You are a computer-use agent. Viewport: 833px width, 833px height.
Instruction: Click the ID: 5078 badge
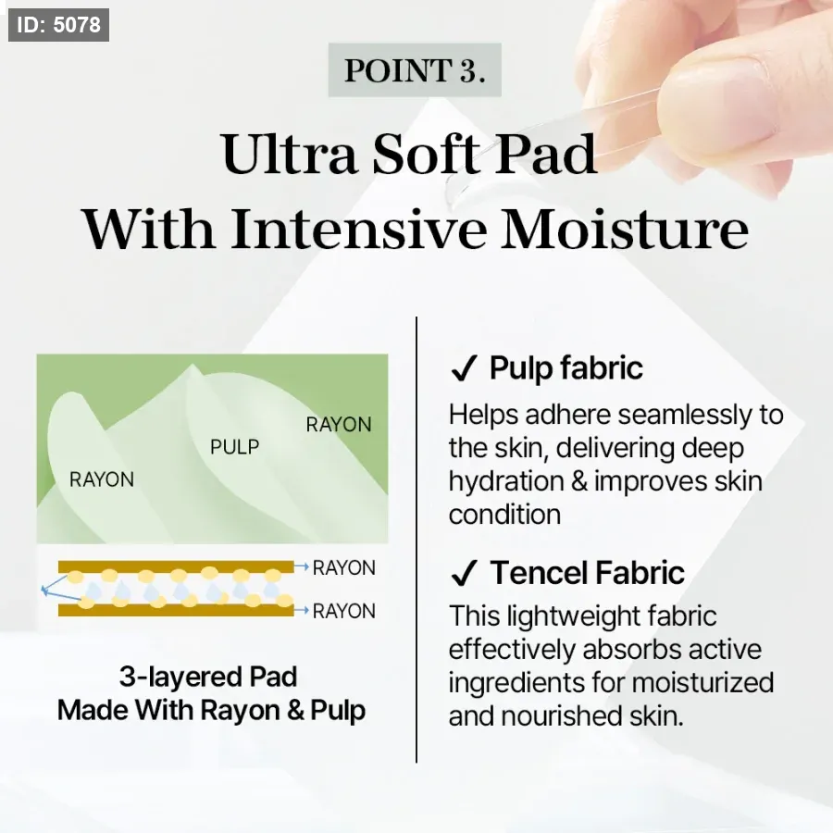coord(58,25)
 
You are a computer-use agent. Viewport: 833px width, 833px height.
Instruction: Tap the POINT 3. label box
coord(415,70)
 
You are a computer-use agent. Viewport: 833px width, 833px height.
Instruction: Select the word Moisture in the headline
coord(625,230)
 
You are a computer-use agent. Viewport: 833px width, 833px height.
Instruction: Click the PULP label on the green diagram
coord(234,447)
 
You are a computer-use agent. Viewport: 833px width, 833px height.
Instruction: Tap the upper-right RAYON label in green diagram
coord(339,425)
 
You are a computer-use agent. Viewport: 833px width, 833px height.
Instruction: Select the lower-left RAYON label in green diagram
coord(102,479)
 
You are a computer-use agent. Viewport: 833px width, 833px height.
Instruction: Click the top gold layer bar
coord(176,566)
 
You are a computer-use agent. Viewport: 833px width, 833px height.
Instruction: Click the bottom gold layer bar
coord(176,611)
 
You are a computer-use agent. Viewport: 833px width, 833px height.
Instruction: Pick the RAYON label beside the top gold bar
coord(343,568)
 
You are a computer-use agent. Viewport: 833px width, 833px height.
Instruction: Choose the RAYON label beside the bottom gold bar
coord(343,612)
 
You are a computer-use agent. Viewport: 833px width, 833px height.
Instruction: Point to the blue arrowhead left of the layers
coord(44,590)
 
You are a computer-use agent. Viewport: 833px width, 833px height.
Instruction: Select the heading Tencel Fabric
coord(587,573)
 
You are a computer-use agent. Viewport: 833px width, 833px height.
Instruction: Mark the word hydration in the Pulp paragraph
coord(506,481)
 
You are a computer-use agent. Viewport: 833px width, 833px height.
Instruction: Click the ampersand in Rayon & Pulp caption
coord(295,711)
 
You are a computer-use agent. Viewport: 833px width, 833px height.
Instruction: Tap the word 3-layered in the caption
coord(179,678)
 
